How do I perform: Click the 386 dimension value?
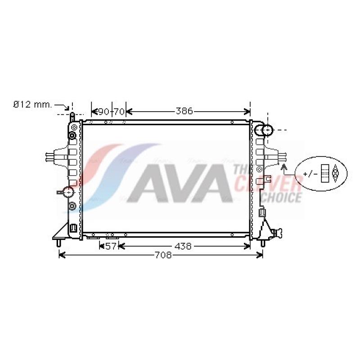point(184,111)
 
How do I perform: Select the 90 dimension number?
point(103,112)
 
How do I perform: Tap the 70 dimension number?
point(119,112)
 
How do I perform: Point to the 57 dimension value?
point(111,246)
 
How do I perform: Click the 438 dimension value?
point(183,246)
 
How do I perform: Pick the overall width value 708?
point(163,255)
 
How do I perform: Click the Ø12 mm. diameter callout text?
point(32,105)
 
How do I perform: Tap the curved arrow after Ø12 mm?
point(62,106)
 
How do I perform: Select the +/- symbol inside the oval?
point(310,174)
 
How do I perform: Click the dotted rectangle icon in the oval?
point(325,173)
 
